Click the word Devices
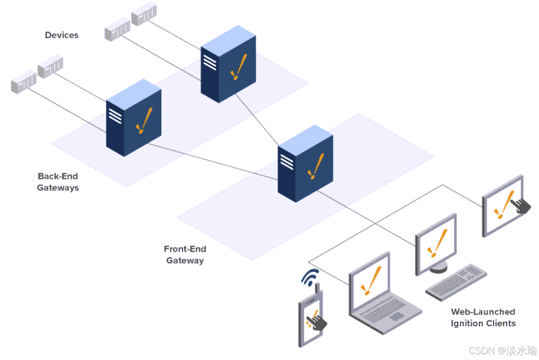(62, 35)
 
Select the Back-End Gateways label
(58, 182)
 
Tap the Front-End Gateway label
(185, 255)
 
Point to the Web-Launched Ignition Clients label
(483, 317)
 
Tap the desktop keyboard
(456, 282)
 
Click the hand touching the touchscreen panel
(520, 204)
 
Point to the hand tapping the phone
(318, 322)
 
